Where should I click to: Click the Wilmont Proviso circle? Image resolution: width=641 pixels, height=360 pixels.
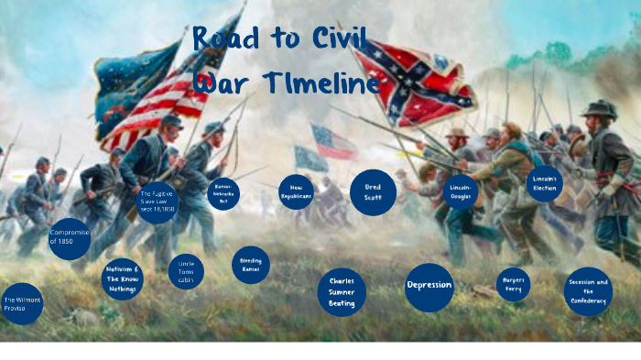(x=21, y=303)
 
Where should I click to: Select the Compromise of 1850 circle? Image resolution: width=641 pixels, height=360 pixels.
(x=70, y=238)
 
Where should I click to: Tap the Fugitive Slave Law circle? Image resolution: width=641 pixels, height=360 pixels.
(x=157, y=202)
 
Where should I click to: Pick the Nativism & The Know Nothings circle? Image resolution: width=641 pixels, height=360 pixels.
(x=122, y=278)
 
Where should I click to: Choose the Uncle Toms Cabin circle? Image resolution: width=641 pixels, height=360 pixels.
(x=186, y=271)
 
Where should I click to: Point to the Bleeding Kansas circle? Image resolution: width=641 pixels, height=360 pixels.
(x=250, y=265)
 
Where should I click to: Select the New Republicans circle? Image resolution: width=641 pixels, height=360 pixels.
(x=296, y=192)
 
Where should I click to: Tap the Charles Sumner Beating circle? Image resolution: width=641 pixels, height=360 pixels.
(x=342, y=292)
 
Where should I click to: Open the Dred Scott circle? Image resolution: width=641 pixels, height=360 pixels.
(x=373, y=192)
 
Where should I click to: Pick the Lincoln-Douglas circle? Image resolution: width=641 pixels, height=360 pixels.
(x=460, y=192)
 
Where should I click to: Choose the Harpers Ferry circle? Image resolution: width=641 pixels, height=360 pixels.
(x=513, y=284)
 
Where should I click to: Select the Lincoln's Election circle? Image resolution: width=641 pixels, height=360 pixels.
(x=544, y=183)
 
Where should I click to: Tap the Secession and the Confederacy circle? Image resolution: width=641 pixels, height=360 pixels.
(x=587, y=291)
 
